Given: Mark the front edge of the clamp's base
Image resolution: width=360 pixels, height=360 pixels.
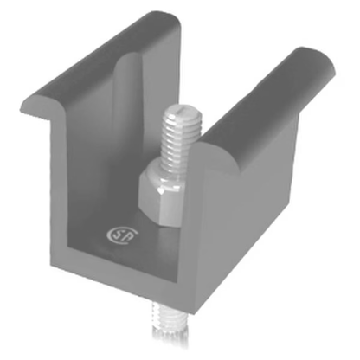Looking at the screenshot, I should [130, 281].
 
